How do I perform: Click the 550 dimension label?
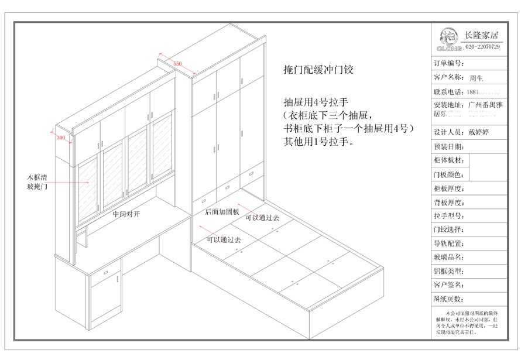177,62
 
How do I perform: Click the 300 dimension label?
60,138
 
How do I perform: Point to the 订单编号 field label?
449,63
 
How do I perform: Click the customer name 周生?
475,77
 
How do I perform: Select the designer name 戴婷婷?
479,132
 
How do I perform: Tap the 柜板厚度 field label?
449,189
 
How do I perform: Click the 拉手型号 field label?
449,217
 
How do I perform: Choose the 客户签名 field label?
449,285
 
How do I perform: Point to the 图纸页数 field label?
449,299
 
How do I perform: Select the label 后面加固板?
222,212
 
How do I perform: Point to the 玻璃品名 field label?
449,258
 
